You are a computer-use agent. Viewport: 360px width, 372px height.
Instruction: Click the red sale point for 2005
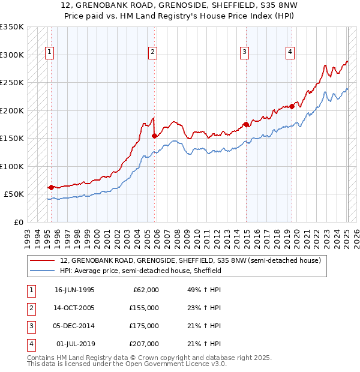[155, 136]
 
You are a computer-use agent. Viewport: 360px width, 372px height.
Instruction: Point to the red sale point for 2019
[292, 106]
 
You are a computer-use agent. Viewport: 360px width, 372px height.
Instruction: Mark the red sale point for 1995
[51, 187]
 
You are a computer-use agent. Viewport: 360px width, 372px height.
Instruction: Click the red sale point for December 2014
[246, 124]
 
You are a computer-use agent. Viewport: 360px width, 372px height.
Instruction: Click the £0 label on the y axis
[18, 222]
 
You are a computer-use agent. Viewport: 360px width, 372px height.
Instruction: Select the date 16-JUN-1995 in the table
[74, 290]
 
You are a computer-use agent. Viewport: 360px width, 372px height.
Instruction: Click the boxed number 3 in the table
[31, 326]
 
